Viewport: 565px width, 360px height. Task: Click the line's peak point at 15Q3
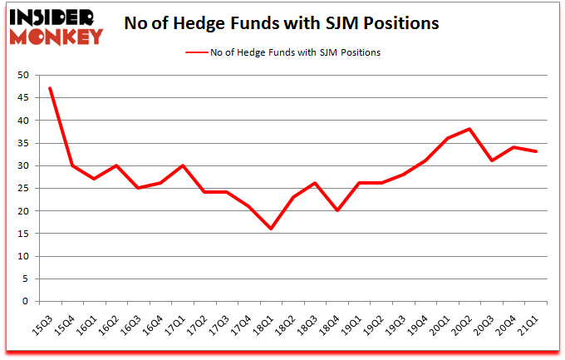point(51,88)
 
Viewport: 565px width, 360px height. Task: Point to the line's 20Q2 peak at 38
point(470,129)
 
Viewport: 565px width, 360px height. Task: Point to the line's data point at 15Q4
point(72,165)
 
